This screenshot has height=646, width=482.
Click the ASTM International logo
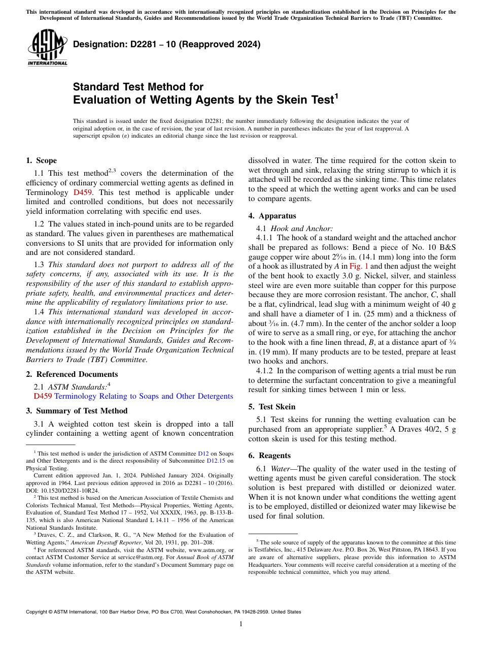coord(47,47)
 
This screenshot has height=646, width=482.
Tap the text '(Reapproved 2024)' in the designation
coord(221,44)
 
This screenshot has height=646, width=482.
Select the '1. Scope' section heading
coord(41,160)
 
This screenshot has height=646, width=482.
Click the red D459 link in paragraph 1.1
coord(83,192)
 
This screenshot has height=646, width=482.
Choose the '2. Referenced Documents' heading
coord(72,374)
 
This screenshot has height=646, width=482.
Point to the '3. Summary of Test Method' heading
coord(77,411)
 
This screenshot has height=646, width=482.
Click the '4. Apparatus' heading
coord(272,216)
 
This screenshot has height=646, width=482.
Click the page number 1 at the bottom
coord(241,624)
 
